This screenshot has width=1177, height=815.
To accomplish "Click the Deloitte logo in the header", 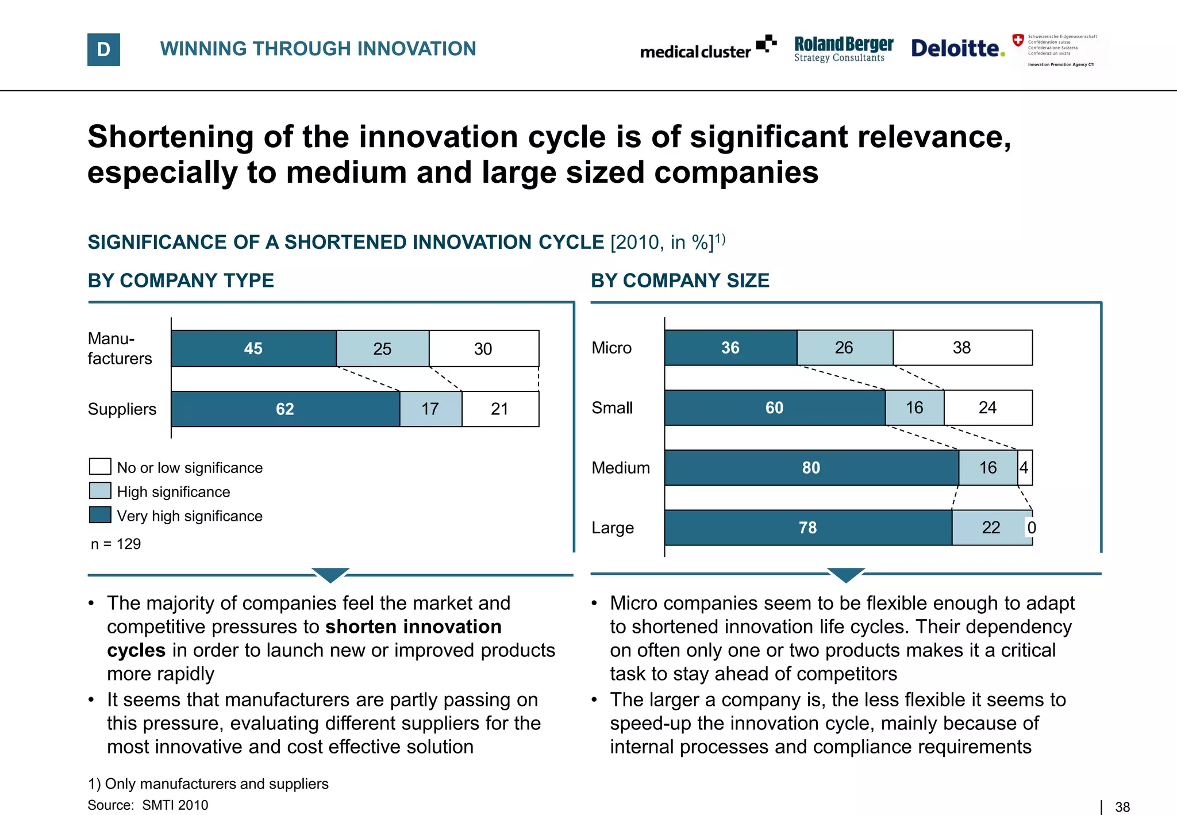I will (957, 48).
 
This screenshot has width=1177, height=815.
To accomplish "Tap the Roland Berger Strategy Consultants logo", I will (843, 49).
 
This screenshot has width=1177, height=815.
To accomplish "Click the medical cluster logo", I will (707, 49).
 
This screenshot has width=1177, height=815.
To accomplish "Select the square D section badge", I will (103, 49).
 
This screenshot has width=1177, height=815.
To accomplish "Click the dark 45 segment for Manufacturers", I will (253, 348).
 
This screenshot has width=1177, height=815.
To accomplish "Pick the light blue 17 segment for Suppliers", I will (430, 409).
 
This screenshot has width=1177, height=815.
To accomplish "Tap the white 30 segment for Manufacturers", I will (483, 348).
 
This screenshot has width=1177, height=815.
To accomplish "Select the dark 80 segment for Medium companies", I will (811, 468).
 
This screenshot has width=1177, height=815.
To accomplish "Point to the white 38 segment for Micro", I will (962, 348).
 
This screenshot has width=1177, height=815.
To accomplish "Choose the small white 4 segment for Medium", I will (1024, 468).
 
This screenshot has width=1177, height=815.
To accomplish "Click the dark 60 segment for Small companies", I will (774, 408).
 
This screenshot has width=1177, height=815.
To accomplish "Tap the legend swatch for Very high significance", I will (100, 515).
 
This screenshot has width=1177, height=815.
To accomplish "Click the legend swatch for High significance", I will (100, 491).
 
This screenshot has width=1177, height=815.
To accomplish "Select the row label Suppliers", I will (122, 409).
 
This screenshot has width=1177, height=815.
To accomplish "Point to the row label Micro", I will (611, 348).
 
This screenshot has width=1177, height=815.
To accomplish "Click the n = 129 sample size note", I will (116, 544).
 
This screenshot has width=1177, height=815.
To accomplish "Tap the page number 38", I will (1122, 807).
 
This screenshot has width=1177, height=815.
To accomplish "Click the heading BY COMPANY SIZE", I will (680, 280).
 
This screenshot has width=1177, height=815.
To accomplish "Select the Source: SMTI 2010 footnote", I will (148, 805).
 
